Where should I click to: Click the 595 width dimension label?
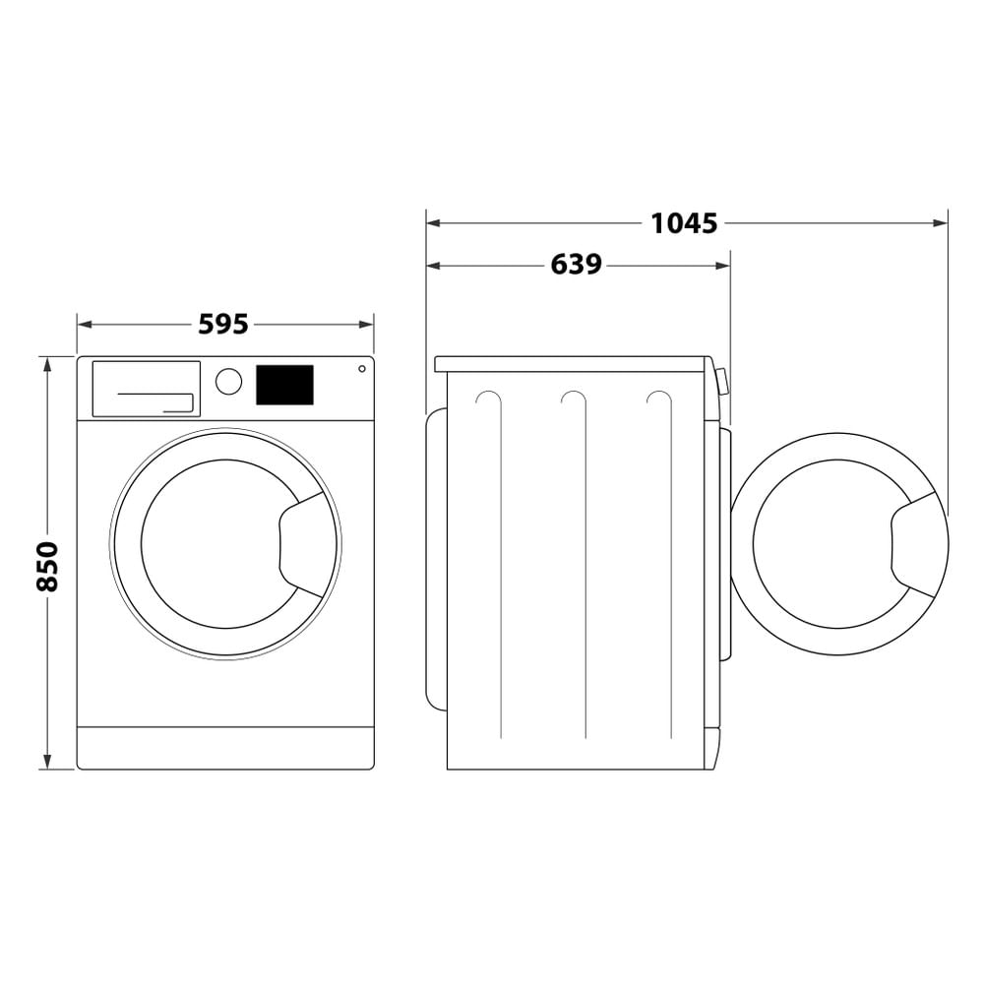pyautogui.click(x=223, y=324)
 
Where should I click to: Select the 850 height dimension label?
pyautogui.click(x=47, y=565)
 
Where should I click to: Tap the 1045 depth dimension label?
pyautogui.click(x=684, y=223)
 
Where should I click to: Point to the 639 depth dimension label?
pyautogui.click(x=576, y=265)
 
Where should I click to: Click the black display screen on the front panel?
pyautogui.click(x=284, y=385)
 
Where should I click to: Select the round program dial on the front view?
pyautogui.click(x=228, y=382)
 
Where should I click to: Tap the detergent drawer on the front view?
pyautogui.click(x=146, y=388)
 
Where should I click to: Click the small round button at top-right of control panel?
pyautogui.click(x=362, y=369)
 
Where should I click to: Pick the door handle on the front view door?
pyautogui.click(x=307, y=543)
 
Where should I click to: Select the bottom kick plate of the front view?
pyautogui.click(x=225, y=748)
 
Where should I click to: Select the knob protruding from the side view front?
pyautogui.click(x=722, y=381)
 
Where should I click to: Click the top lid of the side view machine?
pyautogui.click(x=572, y=364)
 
